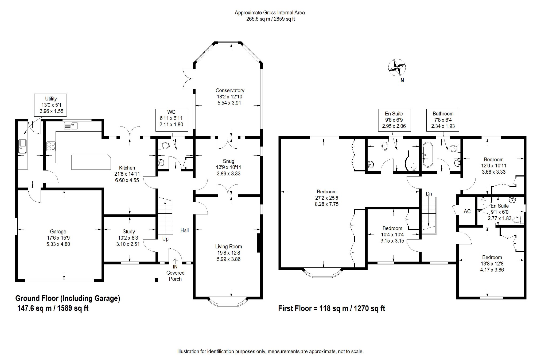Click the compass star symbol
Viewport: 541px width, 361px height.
(x=397, y=67)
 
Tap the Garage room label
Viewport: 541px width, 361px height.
(x=58, y=238)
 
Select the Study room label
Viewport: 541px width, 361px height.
(x=128, y=238)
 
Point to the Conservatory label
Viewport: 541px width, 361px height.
(x=230, y=97)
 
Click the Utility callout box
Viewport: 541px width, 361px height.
(x=51, y=105)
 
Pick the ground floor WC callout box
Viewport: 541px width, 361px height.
(x=172, y=120)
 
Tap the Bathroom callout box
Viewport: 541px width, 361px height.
(x=443, y=120)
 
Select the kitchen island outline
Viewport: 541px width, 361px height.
(x=91, y=162)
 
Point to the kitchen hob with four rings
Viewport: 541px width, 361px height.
(x=51, y=146)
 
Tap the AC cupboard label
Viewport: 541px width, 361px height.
(x=467, y=211)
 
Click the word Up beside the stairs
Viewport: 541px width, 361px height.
(x=165, y=239)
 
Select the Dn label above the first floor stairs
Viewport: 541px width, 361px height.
(x=429, y=194)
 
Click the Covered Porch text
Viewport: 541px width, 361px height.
(x=175, y=276)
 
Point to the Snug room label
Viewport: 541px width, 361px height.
(x=228, y=167)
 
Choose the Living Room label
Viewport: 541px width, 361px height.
(x=228, y=253)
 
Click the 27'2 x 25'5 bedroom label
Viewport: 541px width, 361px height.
(x=326, y=198)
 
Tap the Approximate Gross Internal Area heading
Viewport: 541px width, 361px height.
(x=270, y=13)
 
